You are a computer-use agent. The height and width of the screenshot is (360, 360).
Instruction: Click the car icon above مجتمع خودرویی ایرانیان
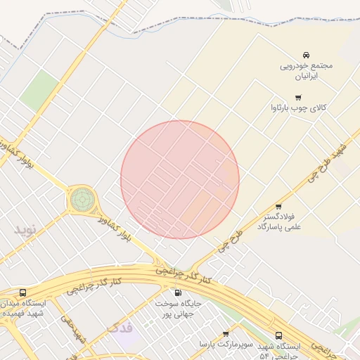click(x=306, y=55)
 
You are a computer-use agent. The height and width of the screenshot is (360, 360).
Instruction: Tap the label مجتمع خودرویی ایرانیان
click(x=306, y=70)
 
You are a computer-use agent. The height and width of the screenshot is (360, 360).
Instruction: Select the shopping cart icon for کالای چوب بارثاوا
click(x=298, y=98)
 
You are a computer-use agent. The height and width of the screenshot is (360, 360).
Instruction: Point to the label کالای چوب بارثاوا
click(x=299, y=108)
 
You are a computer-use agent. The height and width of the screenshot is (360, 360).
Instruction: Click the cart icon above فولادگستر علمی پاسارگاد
click(x=278, y=207)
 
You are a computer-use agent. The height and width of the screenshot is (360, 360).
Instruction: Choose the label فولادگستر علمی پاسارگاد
click(x=278, y=222)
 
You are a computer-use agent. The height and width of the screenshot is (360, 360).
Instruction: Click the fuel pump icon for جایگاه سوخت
click(x=177, y=292)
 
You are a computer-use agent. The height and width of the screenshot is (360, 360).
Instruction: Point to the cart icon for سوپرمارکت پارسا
click(x=226, y=334)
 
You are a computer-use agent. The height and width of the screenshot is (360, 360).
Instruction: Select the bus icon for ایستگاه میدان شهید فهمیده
click(x=23, y=292)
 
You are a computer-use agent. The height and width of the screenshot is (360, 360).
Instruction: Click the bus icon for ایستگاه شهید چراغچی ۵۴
click(x=279, y=335)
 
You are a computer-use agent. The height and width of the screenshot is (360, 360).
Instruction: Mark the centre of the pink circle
click(x=180, y=179)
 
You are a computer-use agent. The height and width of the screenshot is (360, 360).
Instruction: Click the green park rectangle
click(x=39, y=90)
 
